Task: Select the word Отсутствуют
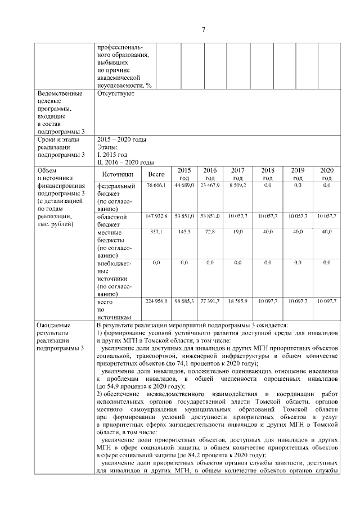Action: (x=116, y=93)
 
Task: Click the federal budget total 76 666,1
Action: (x=156, y=185)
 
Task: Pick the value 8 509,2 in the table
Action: (x=237, y=185)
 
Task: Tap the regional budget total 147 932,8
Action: (x=156, y=216)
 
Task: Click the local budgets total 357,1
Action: (x=156, y=231)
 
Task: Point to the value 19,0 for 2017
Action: (x=237, y=231)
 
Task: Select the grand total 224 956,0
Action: (x=156, y=301)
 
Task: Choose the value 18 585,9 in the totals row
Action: (x=237, y=301)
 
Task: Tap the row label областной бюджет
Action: (x=112, y=220)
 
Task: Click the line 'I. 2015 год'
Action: (x=112, y=154)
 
